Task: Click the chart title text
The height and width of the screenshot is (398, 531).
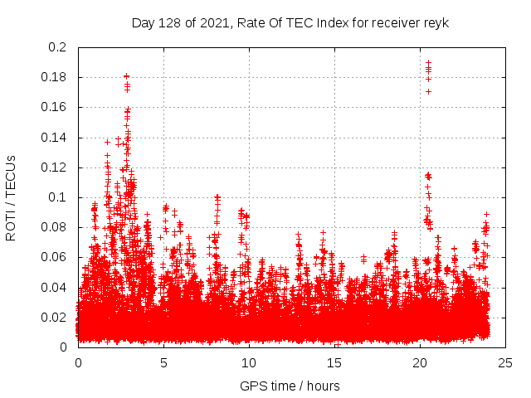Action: (290, 23)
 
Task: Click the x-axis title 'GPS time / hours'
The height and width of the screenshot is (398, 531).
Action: (290, 386)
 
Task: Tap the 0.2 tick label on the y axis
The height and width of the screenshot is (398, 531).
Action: (58, 47)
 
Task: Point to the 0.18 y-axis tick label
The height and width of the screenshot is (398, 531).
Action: (55, 77)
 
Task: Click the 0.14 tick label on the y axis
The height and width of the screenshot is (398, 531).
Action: (55, 138)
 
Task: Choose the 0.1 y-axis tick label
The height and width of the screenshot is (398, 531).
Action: (58, 197)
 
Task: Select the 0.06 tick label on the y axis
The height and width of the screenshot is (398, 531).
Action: (55, 257)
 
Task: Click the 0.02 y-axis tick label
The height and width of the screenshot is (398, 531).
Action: (55, 317)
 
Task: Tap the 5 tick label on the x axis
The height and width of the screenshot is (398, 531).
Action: (164, 363)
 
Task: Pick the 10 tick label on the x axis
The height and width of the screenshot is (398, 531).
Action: (250, 363)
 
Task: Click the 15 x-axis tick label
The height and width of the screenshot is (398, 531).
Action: (335, 363)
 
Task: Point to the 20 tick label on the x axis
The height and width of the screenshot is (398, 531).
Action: (421, 363)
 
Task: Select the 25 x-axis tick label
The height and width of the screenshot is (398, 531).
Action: (506, 363)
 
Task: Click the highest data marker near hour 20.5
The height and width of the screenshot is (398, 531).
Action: (428, 62)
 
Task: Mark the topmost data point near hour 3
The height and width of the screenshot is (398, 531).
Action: (126, 76)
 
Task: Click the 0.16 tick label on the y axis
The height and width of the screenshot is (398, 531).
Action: (55, 108)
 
